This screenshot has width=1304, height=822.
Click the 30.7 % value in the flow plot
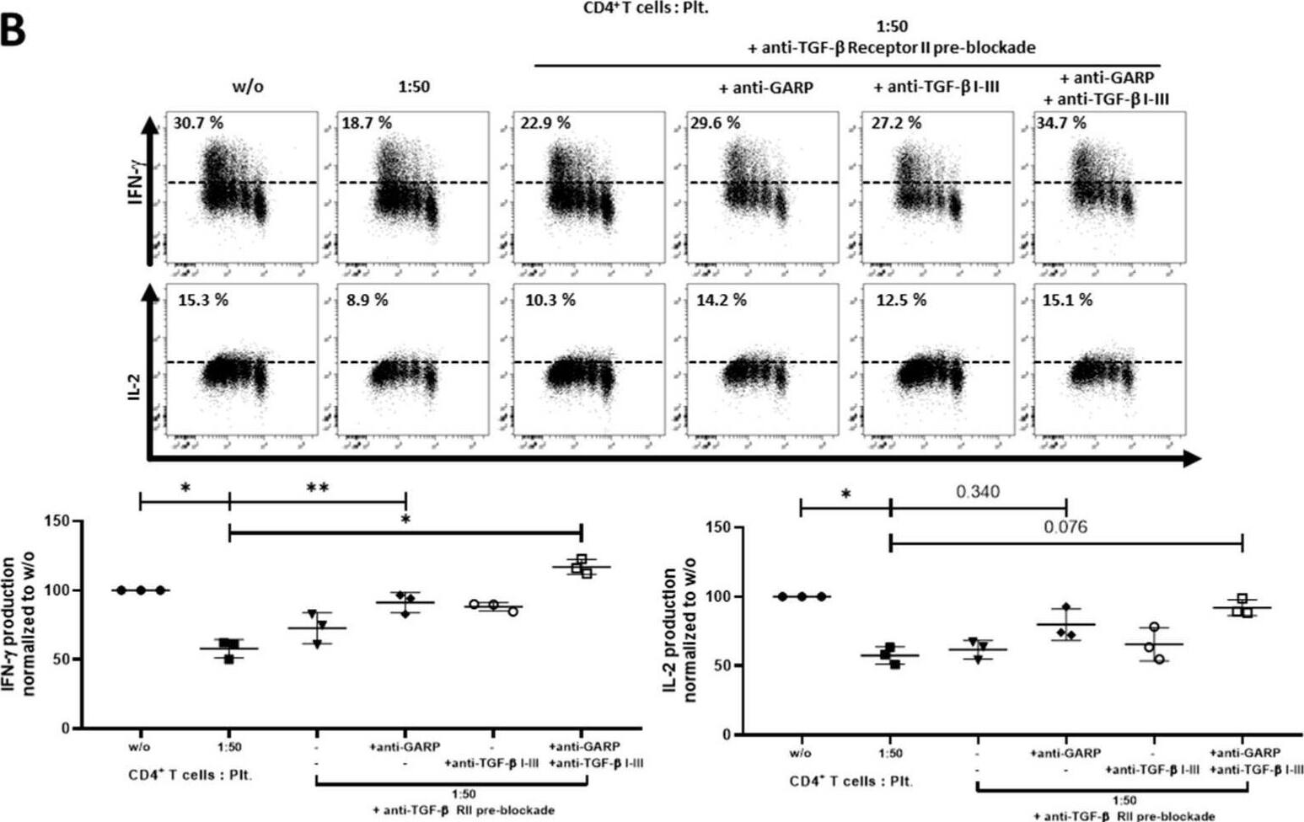198,123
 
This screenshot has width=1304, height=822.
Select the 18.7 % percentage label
367,123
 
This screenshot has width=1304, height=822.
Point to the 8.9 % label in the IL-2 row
366,300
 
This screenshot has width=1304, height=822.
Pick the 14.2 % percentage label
721,300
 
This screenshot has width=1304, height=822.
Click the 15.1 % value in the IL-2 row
1067,300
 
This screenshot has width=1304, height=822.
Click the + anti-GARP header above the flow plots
765,87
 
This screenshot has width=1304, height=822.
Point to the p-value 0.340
978,491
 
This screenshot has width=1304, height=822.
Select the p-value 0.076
1065,527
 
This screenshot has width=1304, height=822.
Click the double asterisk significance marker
317,488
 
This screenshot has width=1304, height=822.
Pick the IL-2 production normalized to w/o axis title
680,634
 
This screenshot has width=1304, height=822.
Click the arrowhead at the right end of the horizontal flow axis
1192,458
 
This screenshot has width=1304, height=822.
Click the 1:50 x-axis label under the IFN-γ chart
228,747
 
